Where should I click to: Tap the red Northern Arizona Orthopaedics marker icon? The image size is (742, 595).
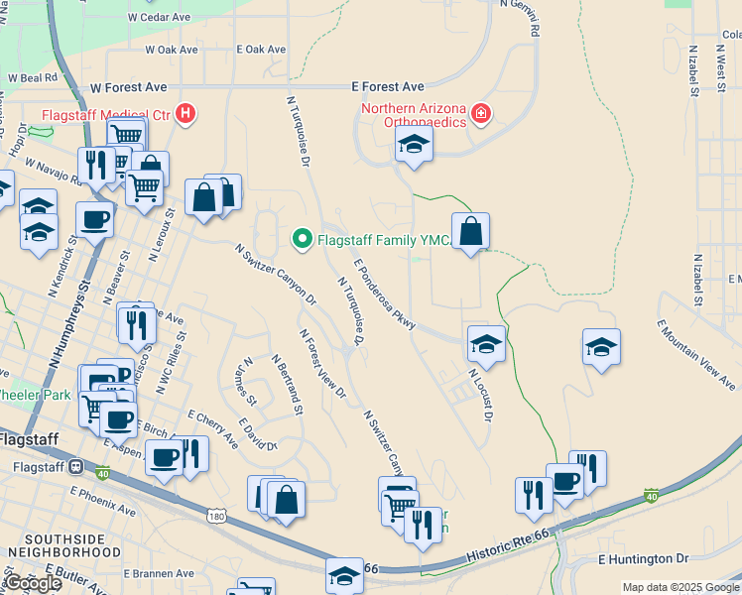[x=481, y=114]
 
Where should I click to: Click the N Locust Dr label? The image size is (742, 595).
[x=481, y=394]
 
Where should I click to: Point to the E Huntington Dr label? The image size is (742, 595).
[x=643, y=560]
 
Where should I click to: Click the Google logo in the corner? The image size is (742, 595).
[x=33, y=583]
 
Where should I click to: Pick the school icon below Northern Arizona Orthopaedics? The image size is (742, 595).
[x=414, y=146]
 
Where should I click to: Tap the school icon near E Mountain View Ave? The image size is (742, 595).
[x=601, y=347]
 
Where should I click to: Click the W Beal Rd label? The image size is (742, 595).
[x=33, y=76]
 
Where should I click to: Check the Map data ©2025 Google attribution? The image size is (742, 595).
[x=680, y=587]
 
